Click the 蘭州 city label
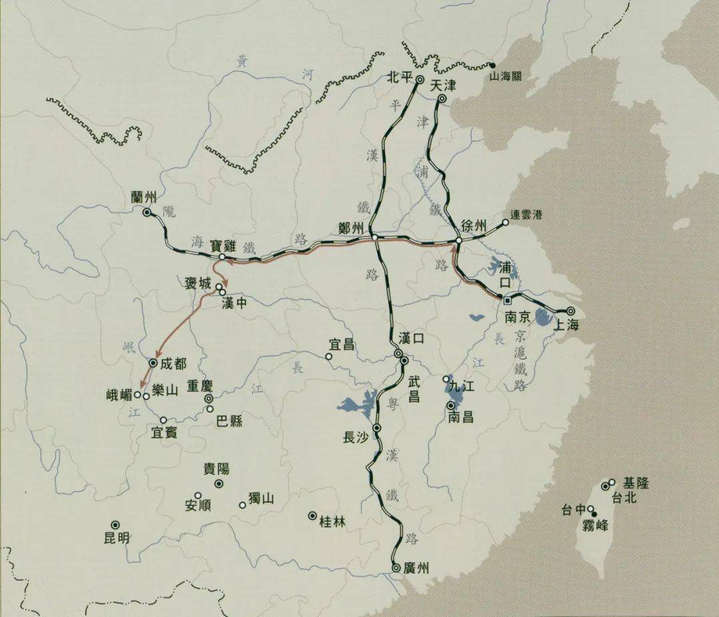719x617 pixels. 144,197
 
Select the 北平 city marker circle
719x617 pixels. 420,80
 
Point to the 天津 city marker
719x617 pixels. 442,99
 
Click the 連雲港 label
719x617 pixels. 527,215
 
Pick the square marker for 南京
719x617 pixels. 507,301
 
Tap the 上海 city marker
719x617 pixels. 571,310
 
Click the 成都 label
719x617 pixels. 174,364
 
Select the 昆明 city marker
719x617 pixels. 115,525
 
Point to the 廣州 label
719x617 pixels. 417,568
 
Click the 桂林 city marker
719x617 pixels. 312,516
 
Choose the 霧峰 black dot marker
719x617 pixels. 595,514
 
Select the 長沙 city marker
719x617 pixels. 377,428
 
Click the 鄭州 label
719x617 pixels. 351,227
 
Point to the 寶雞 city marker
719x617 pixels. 221,257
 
